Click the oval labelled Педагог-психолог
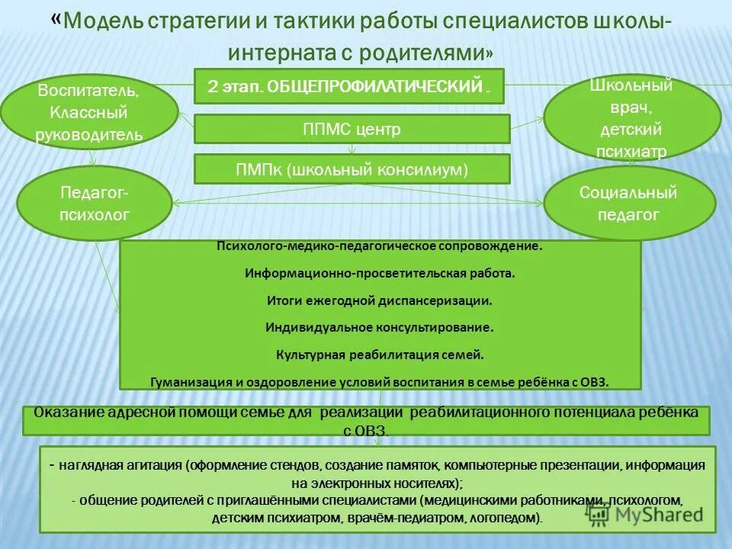coord(95,203)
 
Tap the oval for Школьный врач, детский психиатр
coord(631,118)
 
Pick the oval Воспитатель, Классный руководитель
coord(88,114)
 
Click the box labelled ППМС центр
coord(352,130)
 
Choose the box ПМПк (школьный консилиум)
coord(352,169)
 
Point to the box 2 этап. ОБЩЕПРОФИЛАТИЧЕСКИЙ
coord(350,87)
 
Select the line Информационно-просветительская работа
coord(380,272)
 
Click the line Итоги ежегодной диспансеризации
coord(379,300)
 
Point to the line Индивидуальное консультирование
coord(380,327)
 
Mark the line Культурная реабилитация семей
coord(379,355)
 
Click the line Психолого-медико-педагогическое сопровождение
coord(380,246)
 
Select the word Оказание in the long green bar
coord(64,413)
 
